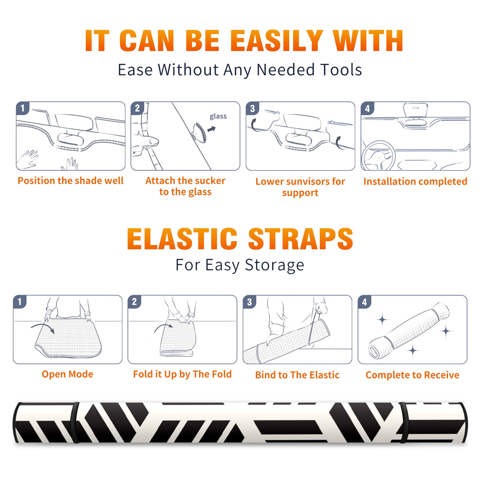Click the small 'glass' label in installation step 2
(x=218, y=116)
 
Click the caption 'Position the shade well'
(x=70, y=181)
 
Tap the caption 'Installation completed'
(x=415, y=181)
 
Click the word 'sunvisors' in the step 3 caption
(x=308, y=181)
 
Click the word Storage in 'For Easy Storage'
(x=274, y=265)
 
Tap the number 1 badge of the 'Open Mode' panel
(x=20, y=301)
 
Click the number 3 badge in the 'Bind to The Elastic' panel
(x=250, y=302)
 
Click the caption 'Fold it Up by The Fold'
(x=182, y=374)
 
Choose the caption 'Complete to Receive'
(x=412, y=375)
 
